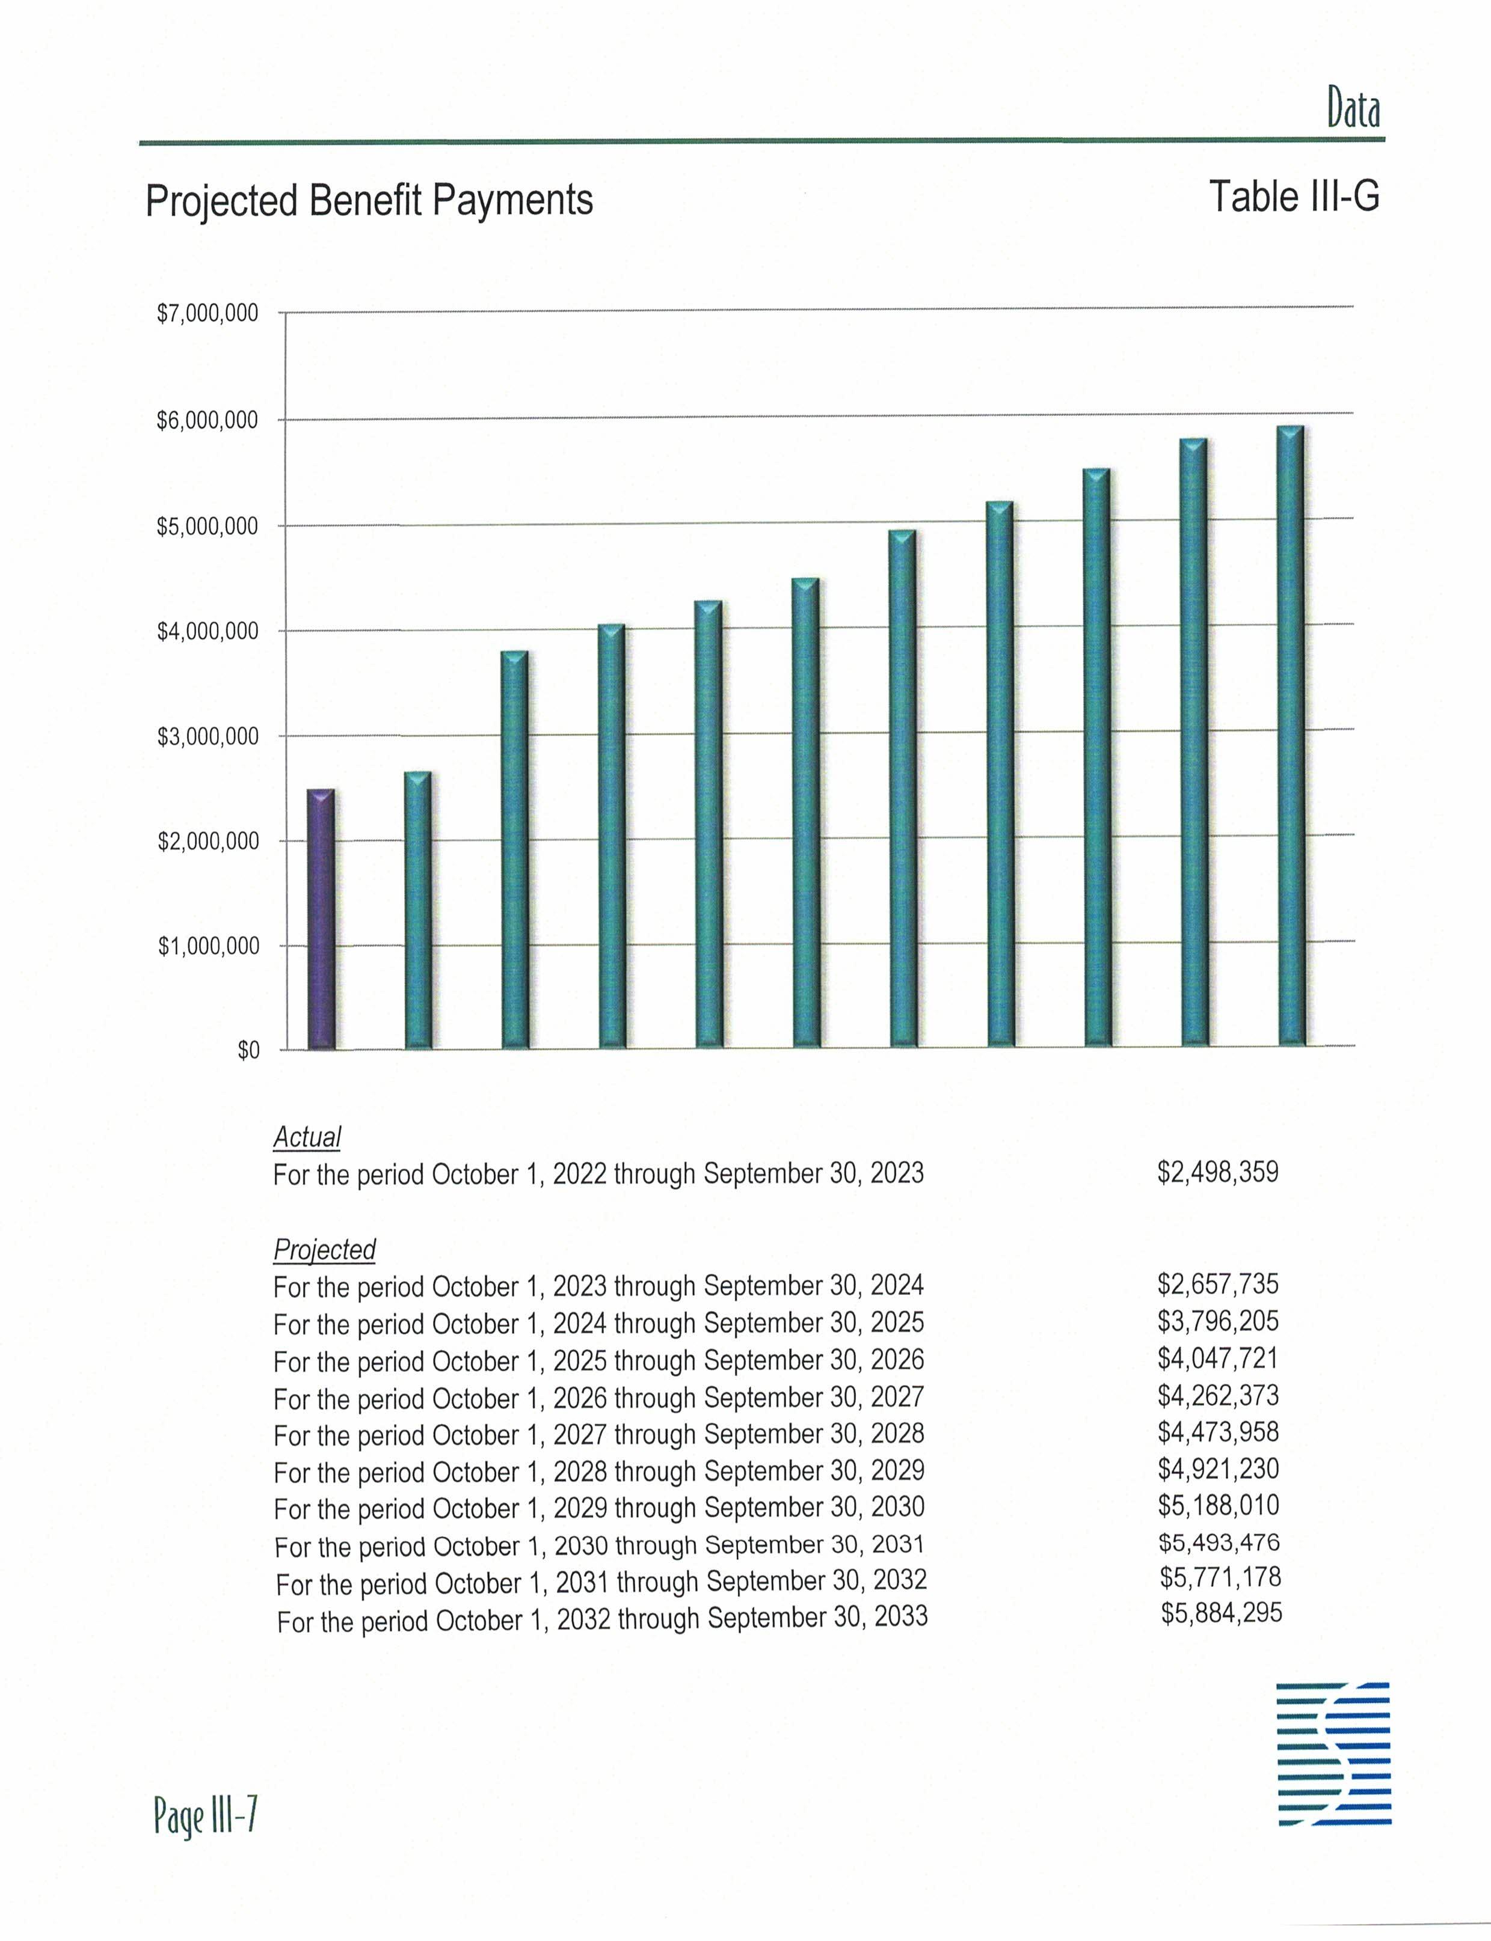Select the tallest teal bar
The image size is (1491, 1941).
1291,736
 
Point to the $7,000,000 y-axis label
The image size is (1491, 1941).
208,313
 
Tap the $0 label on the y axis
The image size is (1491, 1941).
248,1050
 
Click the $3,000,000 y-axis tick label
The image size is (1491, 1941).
208,736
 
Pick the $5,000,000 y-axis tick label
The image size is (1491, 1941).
208,526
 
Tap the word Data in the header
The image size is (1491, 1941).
1353,109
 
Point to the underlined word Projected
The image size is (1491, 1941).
324,1249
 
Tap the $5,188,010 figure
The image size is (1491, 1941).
1219,1505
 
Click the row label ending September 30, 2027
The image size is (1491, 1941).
599,1398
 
